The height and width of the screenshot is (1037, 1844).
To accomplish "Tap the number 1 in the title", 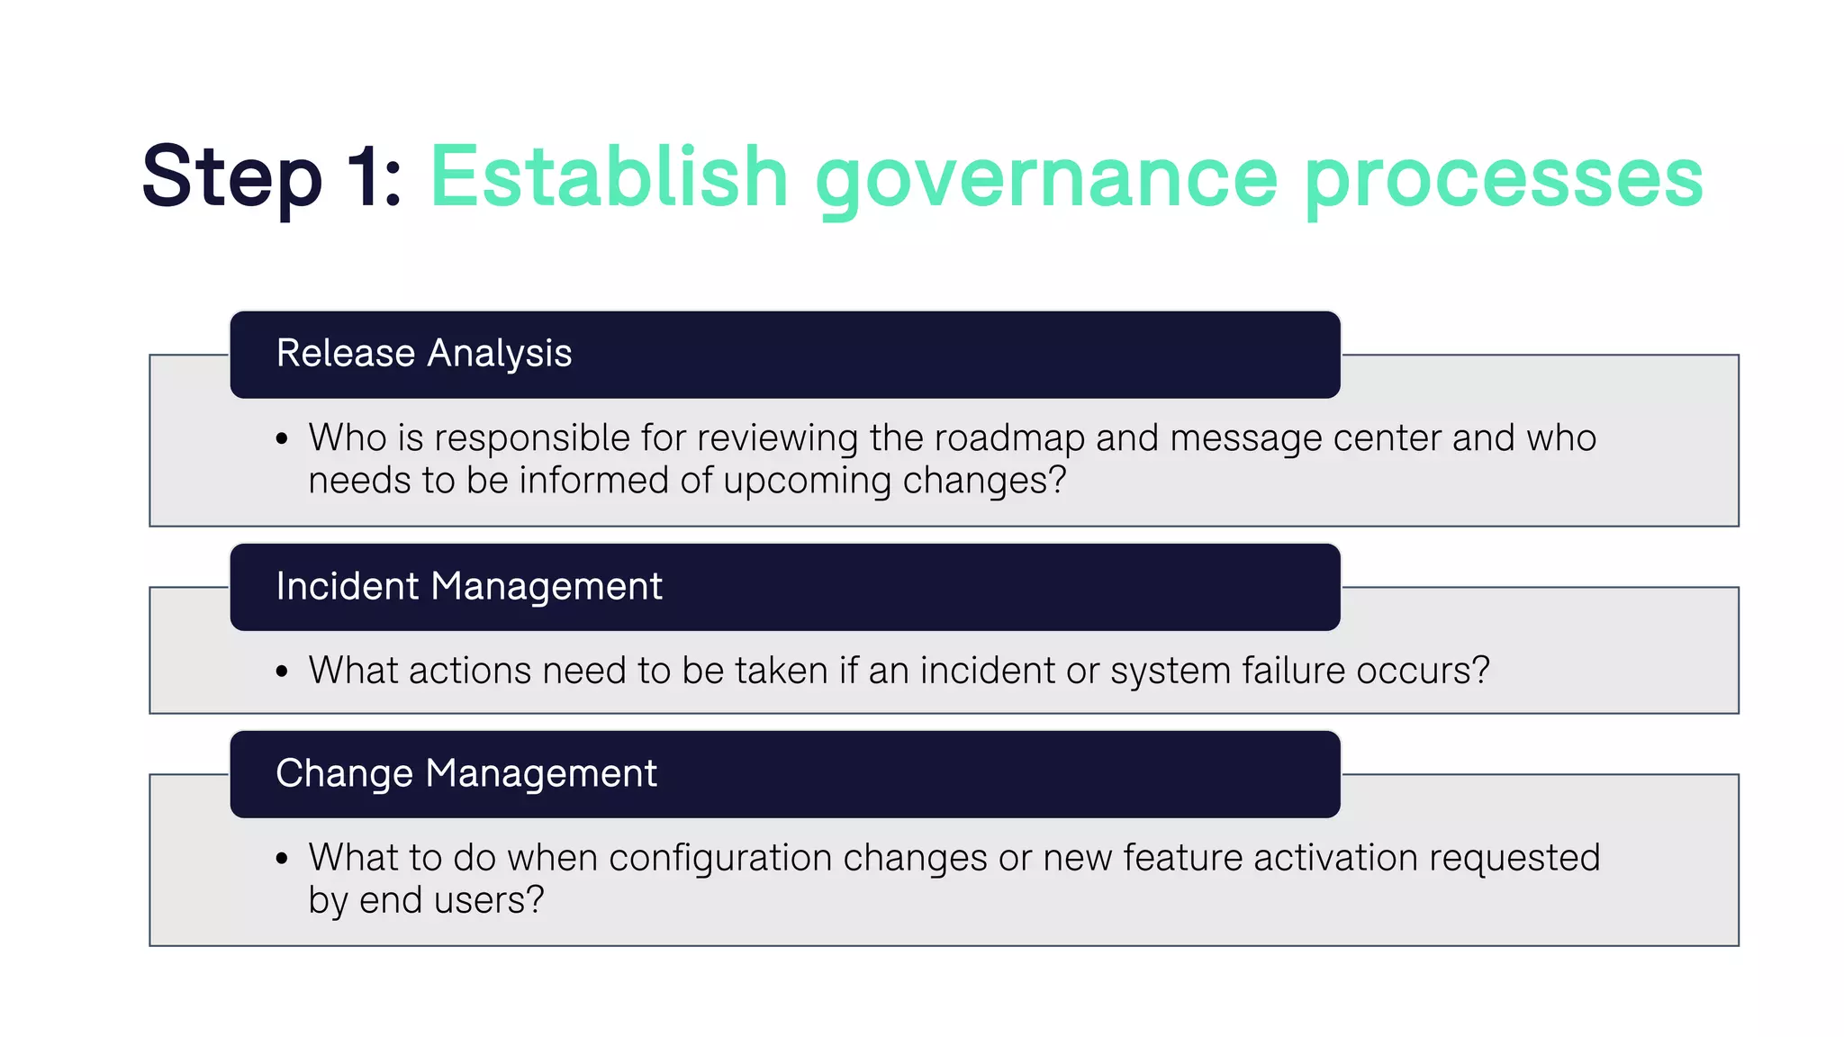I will coord(365,177).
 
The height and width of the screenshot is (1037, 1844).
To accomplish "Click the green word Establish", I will coord(609,177).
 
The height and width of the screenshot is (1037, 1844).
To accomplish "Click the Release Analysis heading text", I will coord(423,353).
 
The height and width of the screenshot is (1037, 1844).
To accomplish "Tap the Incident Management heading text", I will coord(468,586).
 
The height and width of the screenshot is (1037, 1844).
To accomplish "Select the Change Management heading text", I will coord(466,773).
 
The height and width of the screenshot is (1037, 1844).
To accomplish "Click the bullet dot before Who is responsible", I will coord(282,439).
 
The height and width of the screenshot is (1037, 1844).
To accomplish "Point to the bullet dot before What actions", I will coord(282,672).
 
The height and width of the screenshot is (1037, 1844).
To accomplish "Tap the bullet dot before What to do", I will coord(282,859).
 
